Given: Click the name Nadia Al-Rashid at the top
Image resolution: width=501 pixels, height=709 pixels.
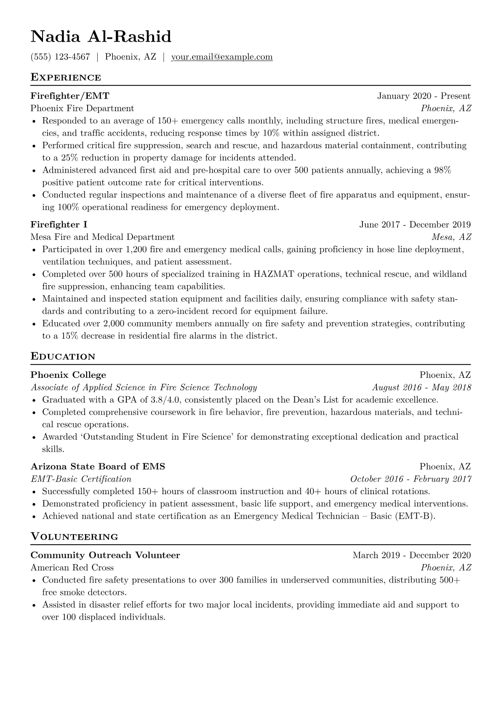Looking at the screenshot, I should click(x=101, y=37).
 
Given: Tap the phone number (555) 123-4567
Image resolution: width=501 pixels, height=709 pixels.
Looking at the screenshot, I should click(x=60, y=57).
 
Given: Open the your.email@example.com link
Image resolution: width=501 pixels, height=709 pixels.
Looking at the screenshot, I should click(x=221, y=57).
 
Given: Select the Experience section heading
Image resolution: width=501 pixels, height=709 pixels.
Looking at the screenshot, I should click(x=66, y=78).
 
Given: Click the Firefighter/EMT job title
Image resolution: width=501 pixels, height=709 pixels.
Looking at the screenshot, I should click(x=70, y=96).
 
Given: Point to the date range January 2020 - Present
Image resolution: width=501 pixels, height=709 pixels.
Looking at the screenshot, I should click(x=424, y=96).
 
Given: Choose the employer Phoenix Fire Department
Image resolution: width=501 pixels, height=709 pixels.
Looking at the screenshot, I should click(x=82, y=108).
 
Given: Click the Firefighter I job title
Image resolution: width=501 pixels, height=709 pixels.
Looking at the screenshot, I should click(x=59, y=225).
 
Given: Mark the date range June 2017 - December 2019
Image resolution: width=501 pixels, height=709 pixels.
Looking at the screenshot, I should click(x=415, y=225).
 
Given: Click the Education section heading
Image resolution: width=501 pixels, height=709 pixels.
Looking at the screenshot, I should click(x=63, y=357).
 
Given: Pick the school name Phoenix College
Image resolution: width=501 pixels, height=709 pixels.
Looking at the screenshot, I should click(x=68, y=375).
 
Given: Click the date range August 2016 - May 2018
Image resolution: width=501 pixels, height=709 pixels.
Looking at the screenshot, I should click(x=421, y=387).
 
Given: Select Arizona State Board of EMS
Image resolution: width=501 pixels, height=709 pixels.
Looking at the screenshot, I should click(x=98, y=467).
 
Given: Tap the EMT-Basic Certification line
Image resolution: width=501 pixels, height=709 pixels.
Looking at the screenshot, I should click(x=81, y=479).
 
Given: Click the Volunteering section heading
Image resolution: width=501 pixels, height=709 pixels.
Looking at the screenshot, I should click(x=74, y=537).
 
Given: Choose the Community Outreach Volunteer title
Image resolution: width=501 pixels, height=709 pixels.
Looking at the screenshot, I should click(x=105, y=555).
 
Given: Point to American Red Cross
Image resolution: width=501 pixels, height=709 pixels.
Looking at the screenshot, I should click(x=72, y=567).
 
